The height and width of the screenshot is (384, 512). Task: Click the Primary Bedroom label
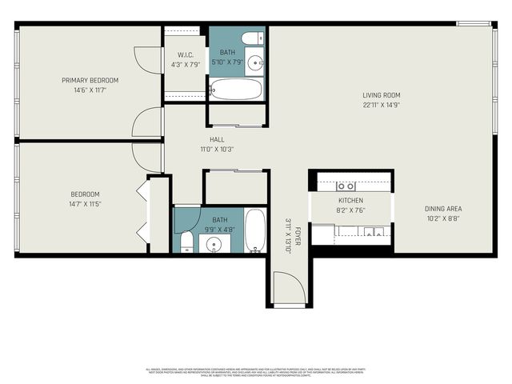[90, 80]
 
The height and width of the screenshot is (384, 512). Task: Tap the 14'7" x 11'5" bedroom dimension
[85, 204]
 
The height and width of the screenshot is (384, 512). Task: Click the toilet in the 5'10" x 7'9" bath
[250, 38]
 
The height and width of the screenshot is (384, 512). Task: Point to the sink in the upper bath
[255, 62]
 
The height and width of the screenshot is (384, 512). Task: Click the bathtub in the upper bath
[236, 88]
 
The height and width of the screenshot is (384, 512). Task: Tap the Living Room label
[380, 94]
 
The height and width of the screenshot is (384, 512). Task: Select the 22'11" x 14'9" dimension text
[380, 104]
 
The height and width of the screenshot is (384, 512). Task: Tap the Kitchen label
[350, 200]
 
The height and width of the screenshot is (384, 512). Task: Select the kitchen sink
[368, 232]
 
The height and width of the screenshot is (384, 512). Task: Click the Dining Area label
[442, 209]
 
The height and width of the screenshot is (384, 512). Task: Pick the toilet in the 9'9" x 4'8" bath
[186, 242]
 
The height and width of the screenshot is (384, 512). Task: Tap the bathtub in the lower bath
[255, 230]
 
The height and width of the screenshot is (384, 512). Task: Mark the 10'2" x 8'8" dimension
[442, 218]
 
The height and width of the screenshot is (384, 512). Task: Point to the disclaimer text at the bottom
[256, 372]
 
